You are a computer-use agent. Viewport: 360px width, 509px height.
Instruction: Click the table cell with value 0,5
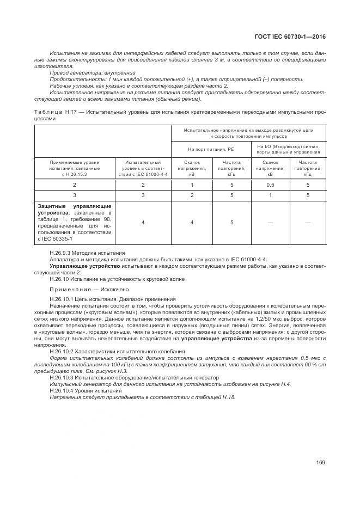click(270, 186)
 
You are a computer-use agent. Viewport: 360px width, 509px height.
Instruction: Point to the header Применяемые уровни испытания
click(75, 165)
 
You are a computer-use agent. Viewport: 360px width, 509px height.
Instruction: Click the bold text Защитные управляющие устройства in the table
click(74, 210)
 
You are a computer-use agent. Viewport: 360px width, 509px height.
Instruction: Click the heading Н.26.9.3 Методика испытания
click(87, 253)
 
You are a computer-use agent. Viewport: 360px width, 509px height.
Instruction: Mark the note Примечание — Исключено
click(90, 289)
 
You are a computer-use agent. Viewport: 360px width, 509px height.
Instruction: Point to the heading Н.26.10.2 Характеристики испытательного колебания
click(117, 352)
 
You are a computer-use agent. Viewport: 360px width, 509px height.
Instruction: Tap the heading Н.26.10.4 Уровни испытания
click(85, 390)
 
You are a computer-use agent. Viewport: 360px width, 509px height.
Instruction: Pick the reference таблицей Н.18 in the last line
click(219, 397)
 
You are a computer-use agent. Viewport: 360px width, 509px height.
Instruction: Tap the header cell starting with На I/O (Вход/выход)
click(288, 148)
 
